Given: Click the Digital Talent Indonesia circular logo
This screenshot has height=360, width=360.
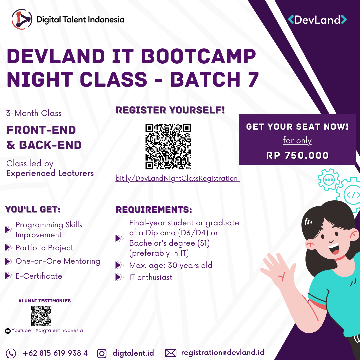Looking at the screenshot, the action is tap(22, 19).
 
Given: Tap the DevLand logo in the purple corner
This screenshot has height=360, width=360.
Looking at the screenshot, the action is tap(317, 20).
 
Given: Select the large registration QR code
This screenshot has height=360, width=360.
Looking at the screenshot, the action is tap(168, 147).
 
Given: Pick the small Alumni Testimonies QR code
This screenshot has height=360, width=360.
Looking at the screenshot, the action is tap(41, 316).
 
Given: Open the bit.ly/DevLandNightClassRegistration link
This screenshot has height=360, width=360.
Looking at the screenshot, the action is tap(177, 178).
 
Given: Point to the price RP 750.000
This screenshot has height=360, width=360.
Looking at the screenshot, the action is tap(297, 155).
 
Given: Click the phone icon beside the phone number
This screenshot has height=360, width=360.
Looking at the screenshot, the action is tap(11, 353).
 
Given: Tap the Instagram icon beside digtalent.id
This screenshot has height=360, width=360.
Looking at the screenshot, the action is tap(102, 353).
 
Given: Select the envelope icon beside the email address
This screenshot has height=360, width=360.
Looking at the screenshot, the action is tap(171, 353).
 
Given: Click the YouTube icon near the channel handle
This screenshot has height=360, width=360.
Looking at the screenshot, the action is tap(8, 331).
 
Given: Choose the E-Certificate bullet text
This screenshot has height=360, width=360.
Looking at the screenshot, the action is tap(39, 276).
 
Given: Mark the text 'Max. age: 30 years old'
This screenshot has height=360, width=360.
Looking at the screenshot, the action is tap(171, 265).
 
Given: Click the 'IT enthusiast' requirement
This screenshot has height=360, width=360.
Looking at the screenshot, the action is tap(151, 277).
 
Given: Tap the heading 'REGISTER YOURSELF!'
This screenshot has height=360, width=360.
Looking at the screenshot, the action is tap(170, 110).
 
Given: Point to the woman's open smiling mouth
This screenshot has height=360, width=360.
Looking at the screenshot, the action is tap(334, 249).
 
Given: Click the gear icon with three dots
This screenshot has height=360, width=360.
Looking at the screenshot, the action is tap(329, 180).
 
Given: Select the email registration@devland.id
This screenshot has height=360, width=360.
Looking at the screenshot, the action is tap(222, 352).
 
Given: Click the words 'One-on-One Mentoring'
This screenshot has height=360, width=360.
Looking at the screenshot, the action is tap(58, 261).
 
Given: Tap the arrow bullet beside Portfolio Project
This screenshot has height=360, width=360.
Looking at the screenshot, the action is tap(9, 247).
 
